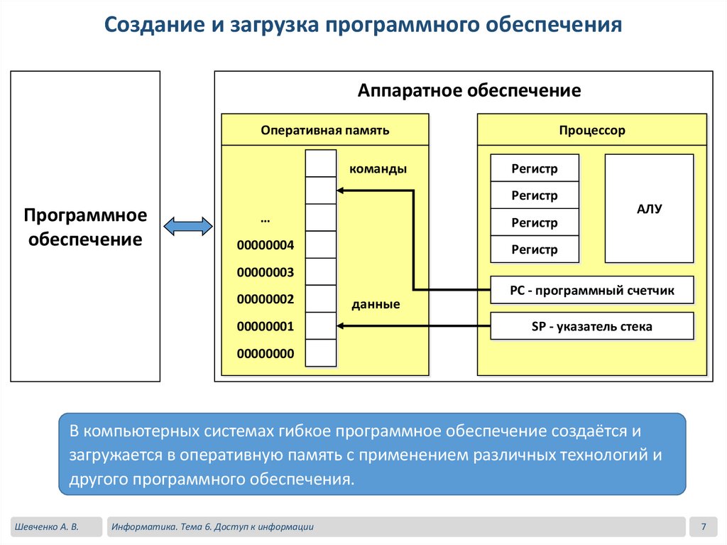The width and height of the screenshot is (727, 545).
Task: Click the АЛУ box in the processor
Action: (649, 209)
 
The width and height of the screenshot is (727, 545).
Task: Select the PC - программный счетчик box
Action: (591, 290)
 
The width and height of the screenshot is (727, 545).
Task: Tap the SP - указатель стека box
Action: (591, 327)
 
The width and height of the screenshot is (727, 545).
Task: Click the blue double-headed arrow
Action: (187, 227)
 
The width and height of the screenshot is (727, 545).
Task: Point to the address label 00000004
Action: (265, 246)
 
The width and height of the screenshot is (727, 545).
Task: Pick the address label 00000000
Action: (265, 353)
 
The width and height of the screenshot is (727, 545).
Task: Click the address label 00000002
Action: (265, 300)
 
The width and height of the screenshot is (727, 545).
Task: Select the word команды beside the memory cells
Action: (378, 169)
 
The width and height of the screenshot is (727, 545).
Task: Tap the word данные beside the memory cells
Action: (376, 304)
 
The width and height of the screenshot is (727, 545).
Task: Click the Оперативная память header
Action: (324, 130)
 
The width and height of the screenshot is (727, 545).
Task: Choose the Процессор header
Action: (591, 130)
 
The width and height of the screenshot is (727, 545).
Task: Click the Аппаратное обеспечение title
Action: (469, 91)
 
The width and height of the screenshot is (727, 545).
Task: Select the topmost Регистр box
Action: (535, 168)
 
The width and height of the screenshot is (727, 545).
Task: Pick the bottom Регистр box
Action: (535, 249)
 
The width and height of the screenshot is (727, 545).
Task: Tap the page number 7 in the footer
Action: (703, 527)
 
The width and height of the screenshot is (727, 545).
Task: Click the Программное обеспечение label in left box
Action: (85, 227)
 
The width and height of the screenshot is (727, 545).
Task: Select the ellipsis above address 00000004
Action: (265, 219)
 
